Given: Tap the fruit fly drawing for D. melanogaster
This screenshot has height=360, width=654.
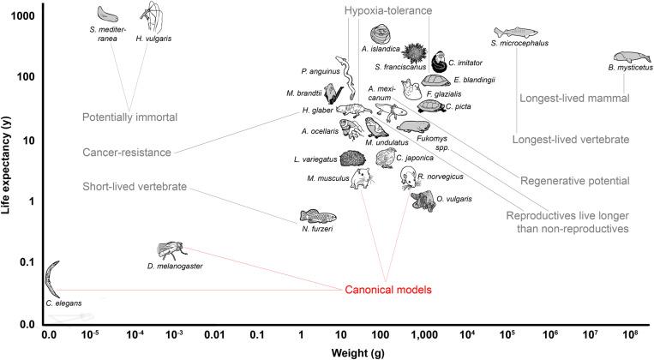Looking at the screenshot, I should (x=166, y=250).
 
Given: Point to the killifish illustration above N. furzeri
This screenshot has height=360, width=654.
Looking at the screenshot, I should (x=317, y=217).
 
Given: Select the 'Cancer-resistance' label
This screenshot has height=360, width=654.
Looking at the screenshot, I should (x=139, y=153).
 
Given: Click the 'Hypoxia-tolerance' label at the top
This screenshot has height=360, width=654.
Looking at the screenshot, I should (x=387, y=10).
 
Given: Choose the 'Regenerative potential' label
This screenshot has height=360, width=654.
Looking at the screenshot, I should (x=580, y=181).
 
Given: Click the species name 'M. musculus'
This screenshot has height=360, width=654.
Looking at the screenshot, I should (x=327, y=178).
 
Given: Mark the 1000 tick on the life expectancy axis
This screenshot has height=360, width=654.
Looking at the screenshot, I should (x=21, y=16).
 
